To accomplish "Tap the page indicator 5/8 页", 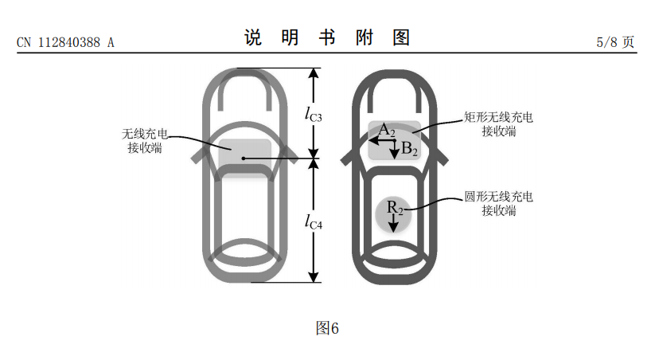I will pos(616,42).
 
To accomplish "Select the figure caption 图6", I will pos(327,328).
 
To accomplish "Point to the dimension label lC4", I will pos(313,221).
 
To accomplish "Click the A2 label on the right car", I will pos(386,130).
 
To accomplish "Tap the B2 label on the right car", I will pos(408,148).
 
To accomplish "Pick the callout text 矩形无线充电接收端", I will pos(499,123).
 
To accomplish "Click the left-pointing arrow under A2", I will pos(380,139).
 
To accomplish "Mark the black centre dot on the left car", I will pos(244,159).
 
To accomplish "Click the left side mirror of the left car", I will pos(197,154).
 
